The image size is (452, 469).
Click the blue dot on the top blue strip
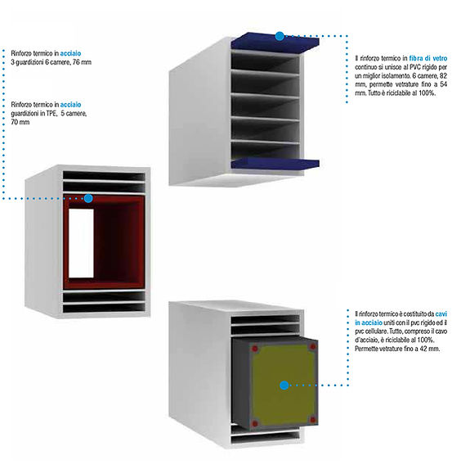pos(280,36)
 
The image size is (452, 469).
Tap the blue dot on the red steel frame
pos(88,198)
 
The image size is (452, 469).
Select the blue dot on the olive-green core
pos(284,386)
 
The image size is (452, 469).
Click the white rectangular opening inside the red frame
pos(81,243)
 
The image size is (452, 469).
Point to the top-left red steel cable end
pos(254,349)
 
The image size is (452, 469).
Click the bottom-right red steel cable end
pos(312,420)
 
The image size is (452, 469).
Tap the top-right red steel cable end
pos(312,347)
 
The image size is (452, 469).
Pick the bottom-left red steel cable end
pos(254,423)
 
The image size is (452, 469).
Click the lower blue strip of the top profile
pos(275,164)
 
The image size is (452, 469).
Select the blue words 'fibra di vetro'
pos(427,58)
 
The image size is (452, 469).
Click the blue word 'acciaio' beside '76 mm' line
pos(70,53)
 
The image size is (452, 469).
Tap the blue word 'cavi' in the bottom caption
pos(441,314)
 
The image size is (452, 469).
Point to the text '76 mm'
pos(83,62)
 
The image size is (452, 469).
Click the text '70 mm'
pos(20,122)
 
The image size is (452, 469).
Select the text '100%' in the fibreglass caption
pos(427,93)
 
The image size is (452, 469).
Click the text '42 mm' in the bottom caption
pos(431,349)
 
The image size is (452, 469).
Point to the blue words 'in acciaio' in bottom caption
pos(369,322)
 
